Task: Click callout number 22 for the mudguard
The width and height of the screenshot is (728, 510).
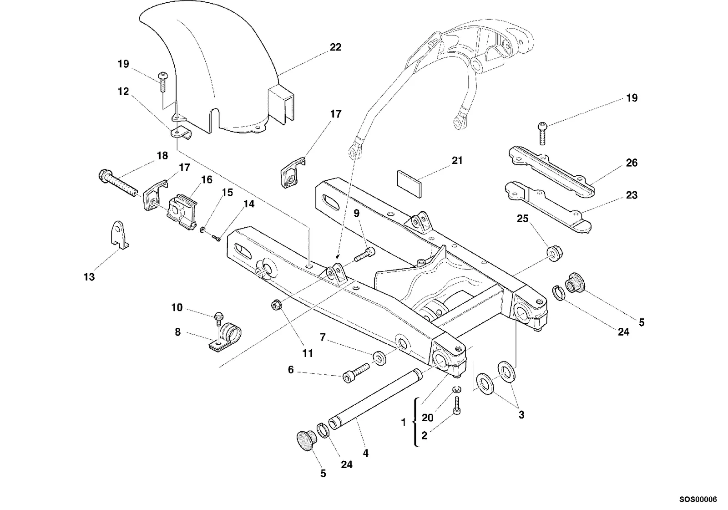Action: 335,47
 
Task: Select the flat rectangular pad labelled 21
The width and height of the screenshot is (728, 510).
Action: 409,183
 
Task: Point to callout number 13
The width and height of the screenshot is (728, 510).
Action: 89,277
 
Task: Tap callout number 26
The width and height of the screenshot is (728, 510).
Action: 632,163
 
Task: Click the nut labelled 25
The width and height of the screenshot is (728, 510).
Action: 555,253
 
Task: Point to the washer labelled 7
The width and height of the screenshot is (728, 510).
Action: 380,358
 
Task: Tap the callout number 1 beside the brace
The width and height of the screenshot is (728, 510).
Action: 403,422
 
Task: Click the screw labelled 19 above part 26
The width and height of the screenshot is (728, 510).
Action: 542,133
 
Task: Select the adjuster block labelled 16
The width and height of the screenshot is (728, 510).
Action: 182,211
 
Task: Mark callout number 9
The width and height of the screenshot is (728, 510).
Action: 357,214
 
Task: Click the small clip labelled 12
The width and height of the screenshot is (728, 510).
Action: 181,133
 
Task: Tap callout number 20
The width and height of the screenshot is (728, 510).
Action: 427,418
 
